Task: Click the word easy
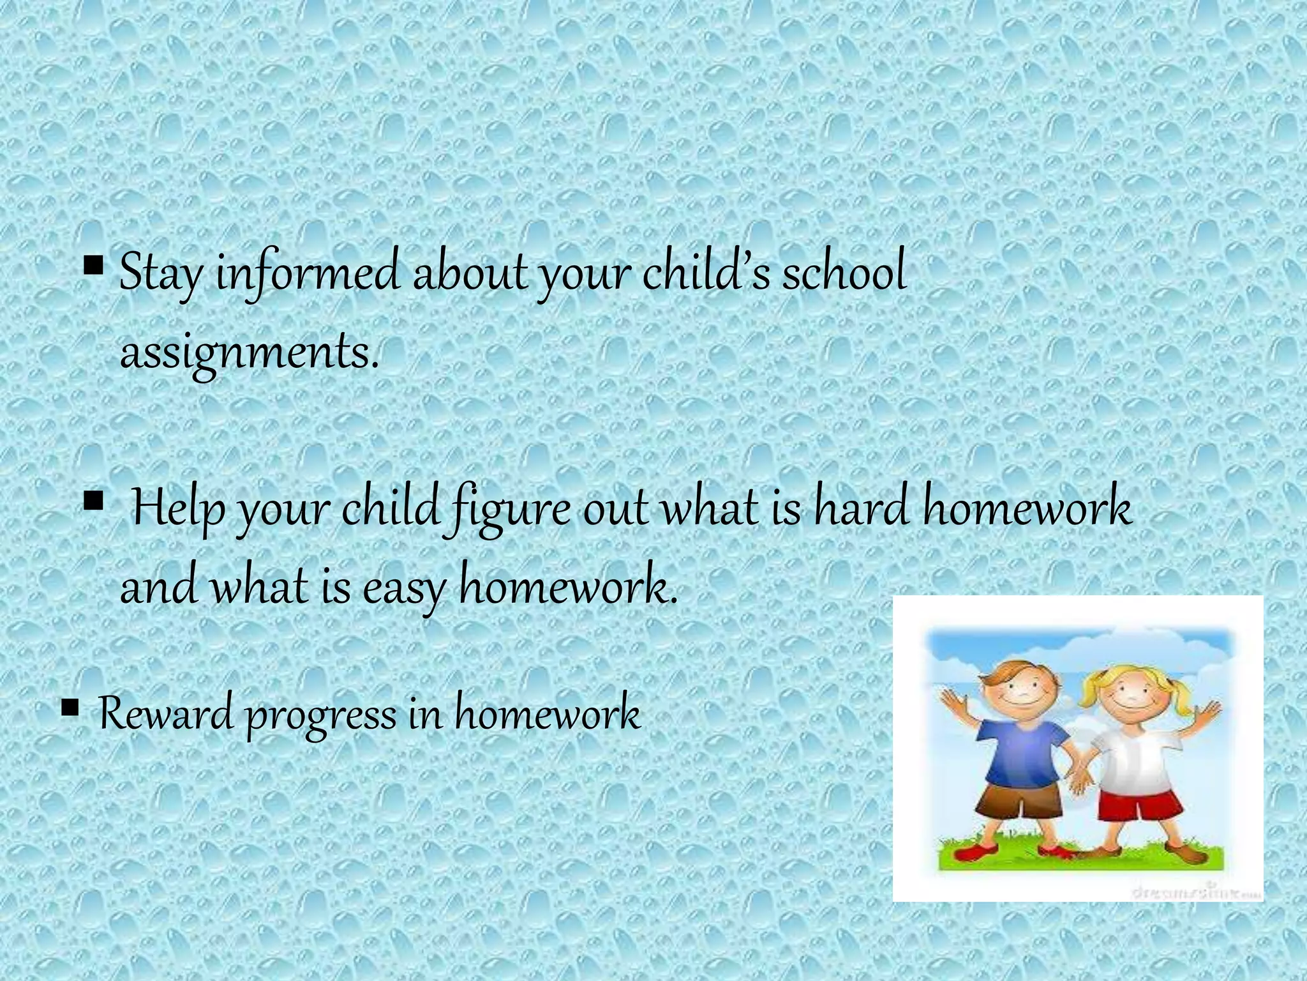(x=403, y=589)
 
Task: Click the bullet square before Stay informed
(x=93, y=263)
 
